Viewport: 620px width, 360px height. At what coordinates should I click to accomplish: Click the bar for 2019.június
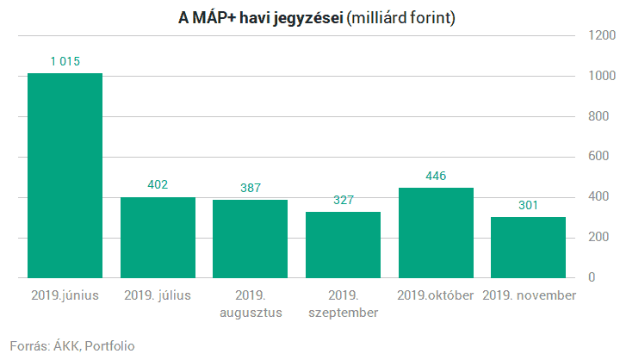click(65, 176)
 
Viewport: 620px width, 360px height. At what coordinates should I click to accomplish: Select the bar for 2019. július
click(158, 238)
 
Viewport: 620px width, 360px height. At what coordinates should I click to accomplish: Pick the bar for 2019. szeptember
click(343, 245)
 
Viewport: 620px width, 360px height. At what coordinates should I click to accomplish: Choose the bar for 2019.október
click(436, 233)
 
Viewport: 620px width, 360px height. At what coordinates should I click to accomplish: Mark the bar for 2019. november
click(528, 248)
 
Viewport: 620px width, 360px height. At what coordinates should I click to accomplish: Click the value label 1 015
click(65, 61)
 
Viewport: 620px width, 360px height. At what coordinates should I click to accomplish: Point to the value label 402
click(158, 184)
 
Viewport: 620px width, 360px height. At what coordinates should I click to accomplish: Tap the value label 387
click(250, 188)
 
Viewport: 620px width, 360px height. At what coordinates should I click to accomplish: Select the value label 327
click(343, 200)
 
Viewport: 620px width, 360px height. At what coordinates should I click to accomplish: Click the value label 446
click(436, 176)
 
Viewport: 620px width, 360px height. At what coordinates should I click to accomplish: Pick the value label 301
click(528, 205)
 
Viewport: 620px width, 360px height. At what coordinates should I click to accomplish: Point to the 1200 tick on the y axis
click(601, 35)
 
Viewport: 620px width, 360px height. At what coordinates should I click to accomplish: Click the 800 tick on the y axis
click(601, 116)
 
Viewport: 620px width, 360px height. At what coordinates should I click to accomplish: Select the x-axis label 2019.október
click(436, 295)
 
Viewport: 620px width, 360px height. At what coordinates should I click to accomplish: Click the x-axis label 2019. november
click(528, 295)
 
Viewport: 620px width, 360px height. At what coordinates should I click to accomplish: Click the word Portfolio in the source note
click(109, 346)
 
